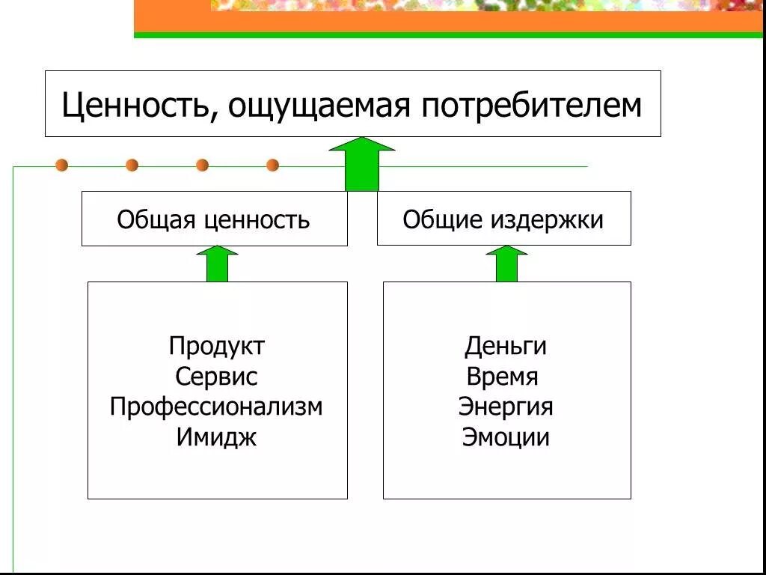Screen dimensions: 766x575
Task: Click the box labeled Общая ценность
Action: pyautogui.click(x=214, y=219)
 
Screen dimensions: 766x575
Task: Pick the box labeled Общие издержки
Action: pyautogui.click(x=503, y=219)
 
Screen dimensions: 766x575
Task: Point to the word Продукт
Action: pyautogui.click(x=217, y=346)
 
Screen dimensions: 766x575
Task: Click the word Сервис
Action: pyautogui.click(x=217, y=377)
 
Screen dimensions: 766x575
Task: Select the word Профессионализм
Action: pyautogui.click(x=217, y=407)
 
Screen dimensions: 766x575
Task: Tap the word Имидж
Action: pyautogui.click(x=217, y=437)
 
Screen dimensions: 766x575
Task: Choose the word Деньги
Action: pyautogui.click(x=506, y=346)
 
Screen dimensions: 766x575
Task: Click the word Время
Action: pyautogui.click(x=502, y=377)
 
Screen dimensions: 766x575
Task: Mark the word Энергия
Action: pyautogui.click(x=506, y=407)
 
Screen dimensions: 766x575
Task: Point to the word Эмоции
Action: pyautogui.click(x=506, y=437)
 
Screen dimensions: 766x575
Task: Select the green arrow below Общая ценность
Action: pyautogui.click(x=217, y=264)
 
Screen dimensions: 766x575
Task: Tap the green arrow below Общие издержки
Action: pyautogui.click(x=506, y=264)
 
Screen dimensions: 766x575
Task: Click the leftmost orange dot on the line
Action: pyautogui.click(x=61, y=165)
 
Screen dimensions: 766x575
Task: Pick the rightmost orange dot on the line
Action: pyautogui.click(x=272, y=165)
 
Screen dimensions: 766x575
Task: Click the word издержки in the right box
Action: pyautogui.click(x=548, y=219)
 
